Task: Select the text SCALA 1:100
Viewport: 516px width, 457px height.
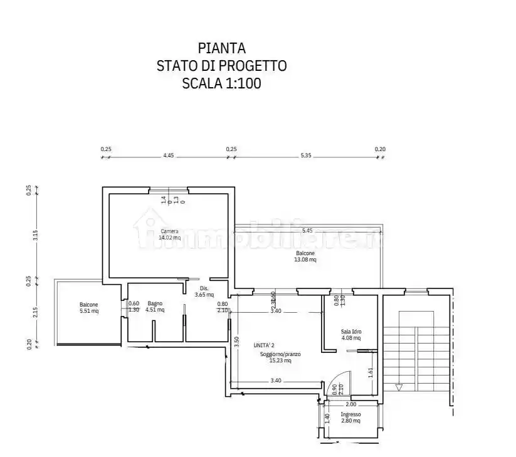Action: pyautogui.click(x=221, y=83)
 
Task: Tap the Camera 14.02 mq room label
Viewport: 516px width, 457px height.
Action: pyautogui.click(x=169, y=234)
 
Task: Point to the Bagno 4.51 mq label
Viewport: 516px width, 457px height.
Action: pyautogui.click(x=155, y=306)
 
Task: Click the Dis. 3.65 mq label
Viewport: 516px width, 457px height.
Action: pyautogui.click(x=204, y=292)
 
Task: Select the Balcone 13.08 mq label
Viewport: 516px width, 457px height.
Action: pyautogui.click(x=305, y=256)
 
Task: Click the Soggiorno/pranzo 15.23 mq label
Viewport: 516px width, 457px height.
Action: pyautogui.click(x=280, y=357)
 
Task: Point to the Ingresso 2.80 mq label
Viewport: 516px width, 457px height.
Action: pyautogui.click(x=350, y=418)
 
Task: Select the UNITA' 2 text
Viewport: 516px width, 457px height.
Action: pyautogui.click(x=264, y=345)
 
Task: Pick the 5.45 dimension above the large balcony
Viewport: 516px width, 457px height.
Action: pyautogui.click(x=307, y=231)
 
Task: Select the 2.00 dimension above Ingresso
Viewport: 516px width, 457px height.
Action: pyautogui.click(x=350, y=404)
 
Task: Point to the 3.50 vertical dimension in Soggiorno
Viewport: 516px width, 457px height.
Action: pyautogui.click(x=236, y=342)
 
